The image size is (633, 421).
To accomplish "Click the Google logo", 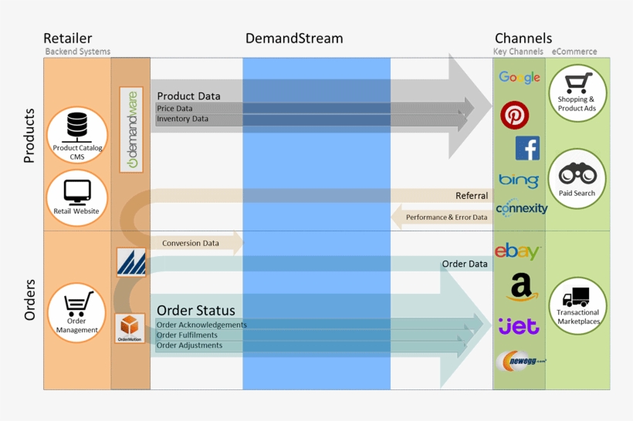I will click(x=520, y=77).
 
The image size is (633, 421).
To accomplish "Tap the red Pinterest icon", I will click(x=514, y=115).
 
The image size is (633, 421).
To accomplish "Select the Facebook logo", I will click(x=527, y=148).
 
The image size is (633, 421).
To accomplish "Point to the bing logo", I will click(x=518, y=180).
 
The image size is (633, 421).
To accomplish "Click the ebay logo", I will click(x=517, y=251).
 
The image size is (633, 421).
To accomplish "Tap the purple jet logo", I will click(x=519, y=325).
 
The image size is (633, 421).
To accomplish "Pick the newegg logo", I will click(x=521, y=360).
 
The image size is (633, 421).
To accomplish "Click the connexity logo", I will click(x=521, y=208).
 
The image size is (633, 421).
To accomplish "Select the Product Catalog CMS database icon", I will click(x=77, y=125).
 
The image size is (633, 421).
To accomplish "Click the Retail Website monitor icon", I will click(x=77, y=190).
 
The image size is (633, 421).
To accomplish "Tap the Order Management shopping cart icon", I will click(x=77, y=304).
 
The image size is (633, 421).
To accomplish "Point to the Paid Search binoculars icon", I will click(x=577, y=173).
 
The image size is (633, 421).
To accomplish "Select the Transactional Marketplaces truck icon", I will click(x=577, y=297).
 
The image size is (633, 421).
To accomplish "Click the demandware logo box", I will click(x=132, y=129).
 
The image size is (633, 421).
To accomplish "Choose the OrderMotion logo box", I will click(x=130, y=328).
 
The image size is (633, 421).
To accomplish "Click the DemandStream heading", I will click(x=294, y=39).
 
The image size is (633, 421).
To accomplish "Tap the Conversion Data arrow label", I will click(x=191, y=243).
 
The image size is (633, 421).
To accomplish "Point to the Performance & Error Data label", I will click(x=446, y=217).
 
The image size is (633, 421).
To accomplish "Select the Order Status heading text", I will click(x=196, y=311).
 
